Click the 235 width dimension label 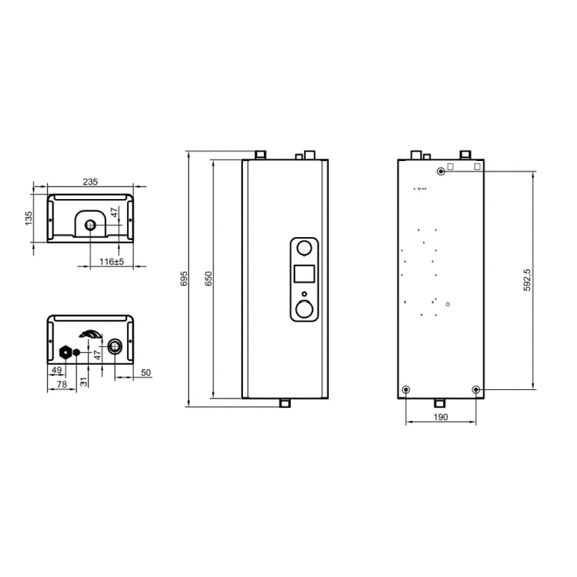91,182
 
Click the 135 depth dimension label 29,218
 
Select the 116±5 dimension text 111,261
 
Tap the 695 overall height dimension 185,279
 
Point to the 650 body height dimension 208,279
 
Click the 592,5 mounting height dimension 527,280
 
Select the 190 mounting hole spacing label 440,417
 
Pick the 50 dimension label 146,372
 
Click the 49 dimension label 57,370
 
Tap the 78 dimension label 62,384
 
